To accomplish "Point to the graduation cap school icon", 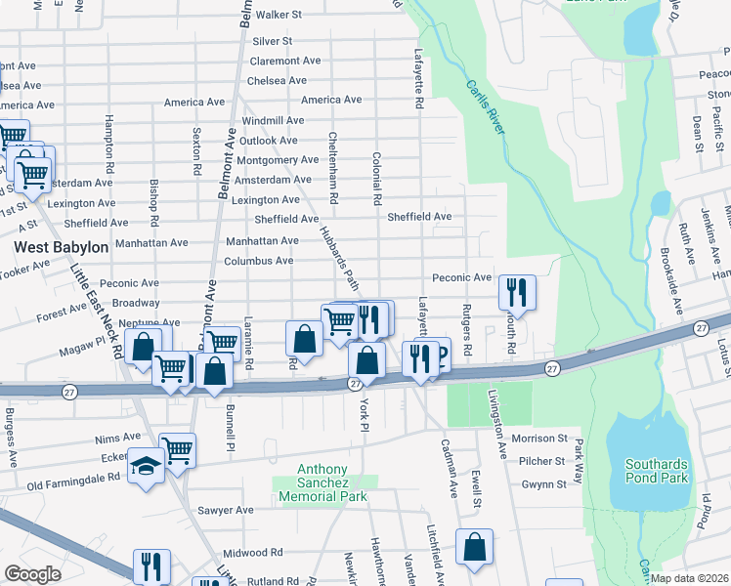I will [146, 468].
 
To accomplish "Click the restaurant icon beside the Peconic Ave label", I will [516, 292].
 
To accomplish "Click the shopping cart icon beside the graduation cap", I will [178, 450].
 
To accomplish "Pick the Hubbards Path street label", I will [340, 259].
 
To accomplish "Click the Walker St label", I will [271, 16].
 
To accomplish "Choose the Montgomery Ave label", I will [278, 160].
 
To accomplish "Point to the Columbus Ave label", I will [258, 262].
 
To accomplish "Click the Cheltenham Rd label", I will [333, 168].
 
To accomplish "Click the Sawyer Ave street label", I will [226, 510].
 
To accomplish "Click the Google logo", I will [32, 574].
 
